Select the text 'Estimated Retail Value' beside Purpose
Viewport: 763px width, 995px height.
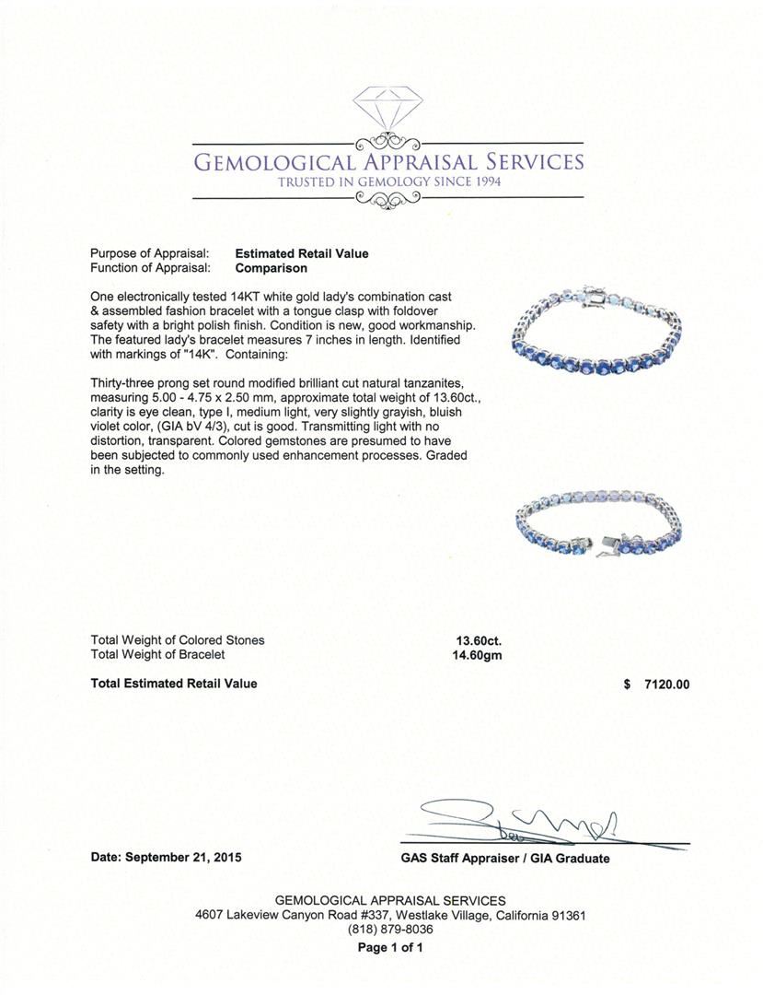(x=302, y=254)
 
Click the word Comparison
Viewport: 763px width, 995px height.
(x=272, y=269)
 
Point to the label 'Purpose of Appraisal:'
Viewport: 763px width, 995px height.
(x=150, y=254)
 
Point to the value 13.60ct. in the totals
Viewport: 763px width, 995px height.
(x=479, y=640)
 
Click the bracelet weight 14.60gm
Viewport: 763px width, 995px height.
(x=479, y=655)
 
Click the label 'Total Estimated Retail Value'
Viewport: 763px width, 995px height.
(x=174, y=684)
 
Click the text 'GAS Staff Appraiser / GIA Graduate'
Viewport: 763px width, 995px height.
(x=504, y=858)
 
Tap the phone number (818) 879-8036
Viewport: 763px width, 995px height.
(x=390, y=931)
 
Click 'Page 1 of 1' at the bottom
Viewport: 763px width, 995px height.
(x=390, y=947)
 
